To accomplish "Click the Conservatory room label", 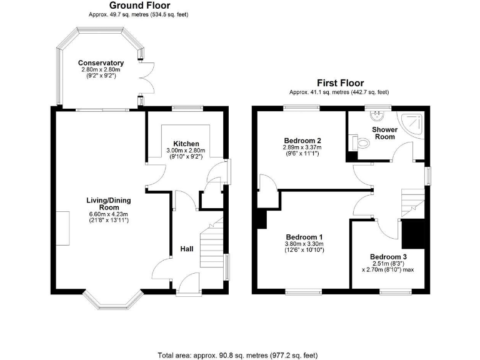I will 101,63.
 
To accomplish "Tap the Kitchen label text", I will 186,144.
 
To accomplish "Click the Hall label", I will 187,249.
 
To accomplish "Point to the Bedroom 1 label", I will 304,237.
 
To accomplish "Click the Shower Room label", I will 384,132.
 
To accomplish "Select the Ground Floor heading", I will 138,6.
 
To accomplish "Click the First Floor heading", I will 339,82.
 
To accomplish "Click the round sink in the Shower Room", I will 377,116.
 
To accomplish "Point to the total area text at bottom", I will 237,354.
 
